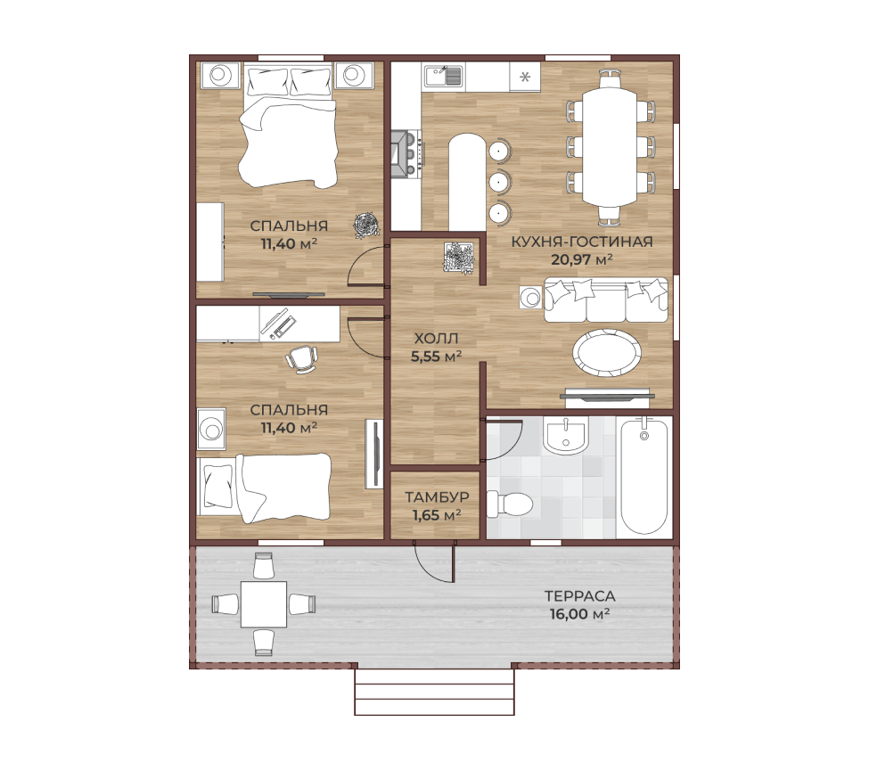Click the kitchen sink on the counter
[443, 76]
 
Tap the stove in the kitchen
[407, 153]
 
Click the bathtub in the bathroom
[644, 477]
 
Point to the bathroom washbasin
[565, 435]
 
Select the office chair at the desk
[301, 358]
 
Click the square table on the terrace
[264, 604]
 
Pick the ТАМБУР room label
[437, 496]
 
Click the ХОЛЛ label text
[436, 338]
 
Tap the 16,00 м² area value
[579, 614]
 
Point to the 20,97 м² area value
[581, 258]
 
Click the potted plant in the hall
[459, 258]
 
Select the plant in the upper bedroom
[366, 226]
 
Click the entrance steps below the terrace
[434, 692]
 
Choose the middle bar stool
[499, 181]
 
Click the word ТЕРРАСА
[579, 595]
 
